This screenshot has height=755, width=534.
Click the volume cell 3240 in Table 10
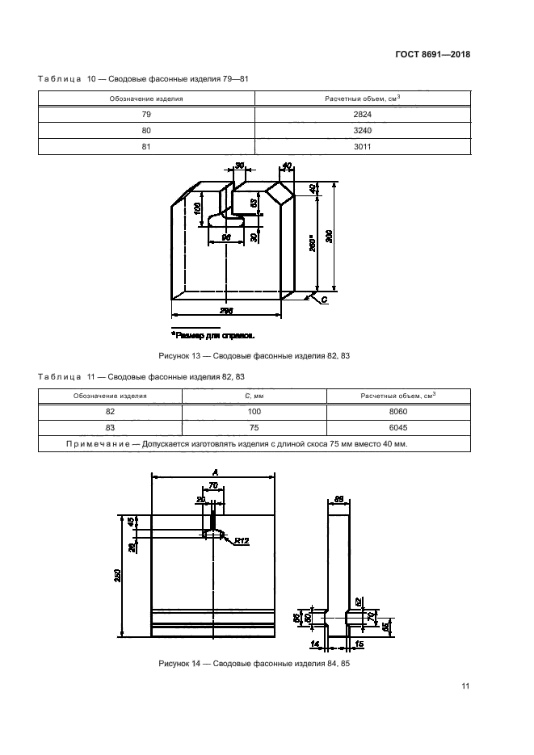pyautogui.click(x=362, y=130)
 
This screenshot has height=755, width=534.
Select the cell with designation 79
pyautogui.click(x=146, y=115)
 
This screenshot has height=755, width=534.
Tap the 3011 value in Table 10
pyautogui.click(x=362, y=146)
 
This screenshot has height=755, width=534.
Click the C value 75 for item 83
pyautogui.click(x=254, y=427)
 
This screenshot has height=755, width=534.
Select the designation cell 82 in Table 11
pyautogui.click(x=110, y=411)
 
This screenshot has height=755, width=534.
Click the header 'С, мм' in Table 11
pyautogui.click(x=254, y=396)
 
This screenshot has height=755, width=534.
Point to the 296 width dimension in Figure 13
pyautogui.click(x=227, y=310)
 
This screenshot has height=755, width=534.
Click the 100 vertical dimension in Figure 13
pyautogui.click(x=198, y=212)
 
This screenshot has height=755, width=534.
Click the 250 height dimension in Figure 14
pyautogui.click(x=118, y=575)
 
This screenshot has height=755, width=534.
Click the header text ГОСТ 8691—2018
pyautogui.click(x=433, y=55)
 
